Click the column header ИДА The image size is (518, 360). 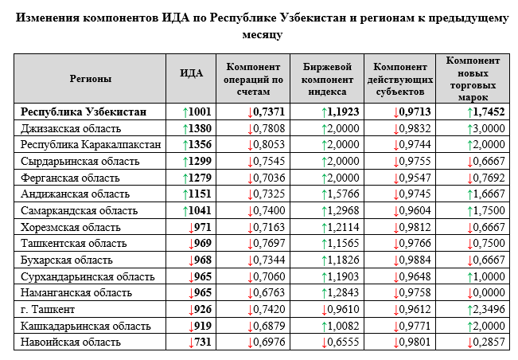191,73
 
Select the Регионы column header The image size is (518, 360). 90,79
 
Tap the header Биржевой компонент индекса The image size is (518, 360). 327,80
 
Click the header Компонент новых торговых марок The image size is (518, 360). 473,79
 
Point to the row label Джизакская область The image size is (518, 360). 71,128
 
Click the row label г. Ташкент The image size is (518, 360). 48,309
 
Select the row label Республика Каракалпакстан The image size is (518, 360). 91,145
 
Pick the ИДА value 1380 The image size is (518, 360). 200,128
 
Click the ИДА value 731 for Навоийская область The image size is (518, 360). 202,342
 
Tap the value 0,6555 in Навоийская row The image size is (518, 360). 343,342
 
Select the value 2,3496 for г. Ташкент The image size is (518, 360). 489,309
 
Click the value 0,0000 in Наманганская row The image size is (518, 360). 489,292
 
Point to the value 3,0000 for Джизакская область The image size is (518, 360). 489,128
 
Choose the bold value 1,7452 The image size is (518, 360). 489,112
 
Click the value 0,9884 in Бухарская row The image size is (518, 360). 415,260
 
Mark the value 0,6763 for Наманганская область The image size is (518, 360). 269,292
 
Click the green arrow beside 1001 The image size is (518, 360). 185,113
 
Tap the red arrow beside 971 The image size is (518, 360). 191,228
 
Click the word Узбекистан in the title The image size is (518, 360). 313,18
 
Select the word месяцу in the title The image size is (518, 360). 263,34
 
